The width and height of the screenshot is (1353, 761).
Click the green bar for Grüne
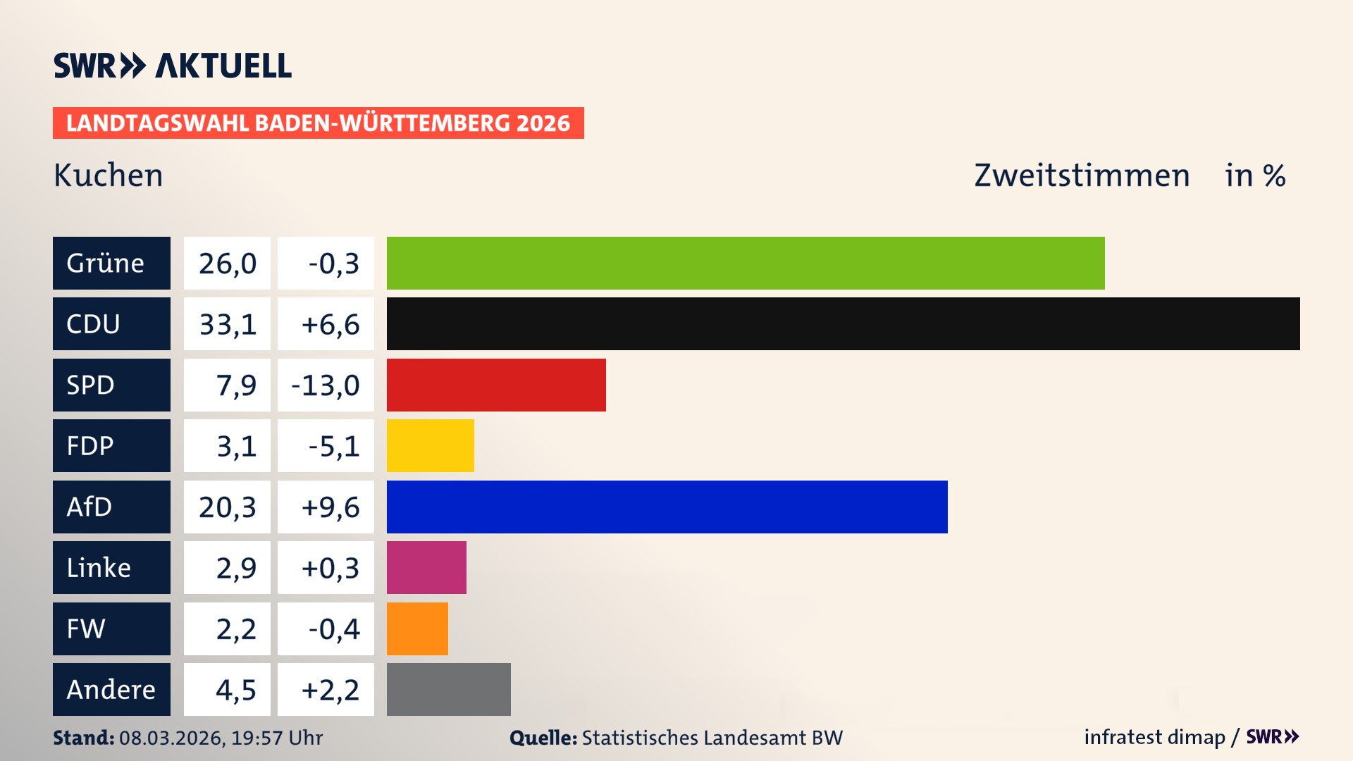pos(746,263)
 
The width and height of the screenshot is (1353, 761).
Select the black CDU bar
pos(843,324)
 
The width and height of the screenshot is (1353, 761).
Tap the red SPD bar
pos(496,385)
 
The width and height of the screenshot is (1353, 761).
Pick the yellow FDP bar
pos(430,445)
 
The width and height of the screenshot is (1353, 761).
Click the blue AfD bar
pos(667,507)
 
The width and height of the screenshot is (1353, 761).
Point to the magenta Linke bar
pos(426,567)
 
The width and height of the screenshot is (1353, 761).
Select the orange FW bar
pos(417,629)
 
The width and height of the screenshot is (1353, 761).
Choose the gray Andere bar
pos(448,689)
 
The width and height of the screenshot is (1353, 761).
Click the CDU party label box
pos(111,324)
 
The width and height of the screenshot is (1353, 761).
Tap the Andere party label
pos(111,689)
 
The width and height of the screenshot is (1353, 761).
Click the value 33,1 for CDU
pos(227,324)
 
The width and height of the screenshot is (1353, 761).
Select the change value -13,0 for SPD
pos(326,385)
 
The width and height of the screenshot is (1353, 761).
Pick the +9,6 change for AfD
pos(330,507)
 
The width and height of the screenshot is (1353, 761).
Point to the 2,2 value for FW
pos(235,629)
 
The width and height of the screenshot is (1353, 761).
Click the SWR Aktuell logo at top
pos(173,66)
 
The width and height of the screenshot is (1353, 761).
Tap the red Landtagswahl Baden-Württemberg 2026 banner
pos(318,123)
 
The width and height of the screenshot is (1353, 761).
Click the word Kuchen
pos(108,175)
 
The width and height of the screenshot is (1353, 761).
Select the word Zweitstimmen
pos(1082,175)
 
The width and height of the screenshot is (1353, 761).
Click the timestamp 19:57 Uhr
pos(276,738)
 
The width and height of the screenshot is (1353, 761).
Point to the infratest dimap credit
pos(1154,737)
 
